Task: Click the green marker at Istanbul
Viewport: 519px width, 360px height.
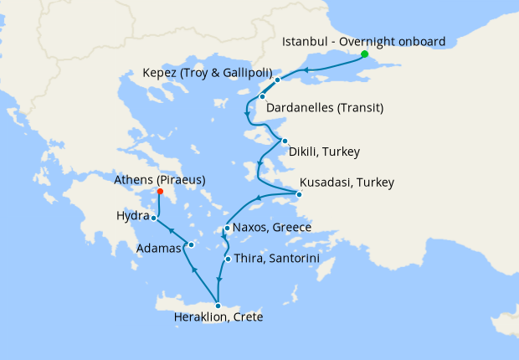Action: click(x=364, y=54)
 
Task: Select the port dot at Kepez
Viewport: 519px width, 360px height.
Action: click(x=289, y=80)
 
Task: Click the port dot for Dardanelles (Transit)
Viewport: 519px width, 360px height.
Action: click(x=262, y=96)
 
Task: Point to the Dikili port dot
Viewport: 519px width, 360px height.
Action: click(x=285, y=141)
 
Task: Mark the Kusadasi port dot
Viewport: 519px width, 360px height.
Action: click(x=301, y=195)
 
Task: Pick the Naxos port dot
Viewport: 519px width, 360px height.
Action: click(x=227, y=228)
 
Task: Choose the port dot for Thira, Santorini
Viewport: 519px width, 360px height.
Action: click(x=228, y=259)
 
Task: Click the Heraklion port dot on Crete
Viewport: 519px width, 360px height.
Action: click(x=218, y=306)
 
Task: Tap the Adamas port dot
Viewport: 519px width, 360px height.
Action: click(x=191, y=245)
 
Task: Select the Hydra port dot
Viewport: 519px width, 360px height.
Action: click(x=153, y=218)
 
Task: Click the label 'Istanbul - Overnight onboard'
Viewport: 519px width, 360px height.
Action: click(x=364, y=41)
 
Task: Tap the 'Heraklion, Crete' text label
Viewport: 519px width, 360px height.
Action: click(x=218, y=318)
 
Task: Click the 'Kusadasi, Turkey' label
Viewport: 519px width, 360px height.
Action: click(x=347, y=183)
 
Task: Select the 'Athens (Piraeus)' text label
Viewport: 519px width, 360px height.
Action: click(x=160, y=179)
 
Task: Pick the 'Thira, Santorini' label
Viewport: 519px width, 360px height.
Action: click(x=277, y=259)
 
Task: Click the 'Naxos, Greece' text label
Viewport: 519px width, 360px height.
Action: click(x=272, y=228)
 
